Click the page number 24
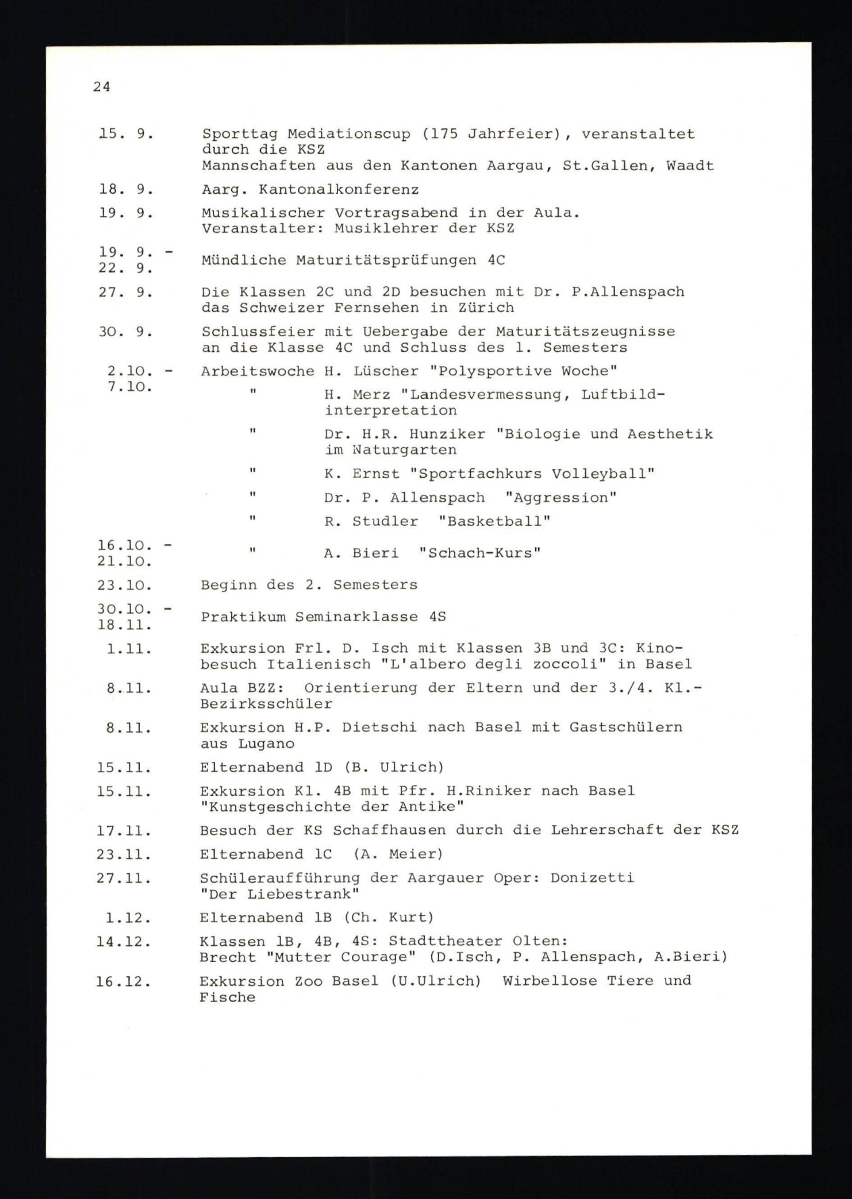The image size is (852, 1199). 101,86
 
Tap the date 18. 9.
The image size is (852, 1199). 126,189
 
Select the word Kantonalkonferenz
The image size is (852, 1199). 338,189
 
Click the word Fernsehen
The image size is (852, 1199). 376,308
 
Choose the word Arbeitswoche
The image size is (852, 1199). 257,372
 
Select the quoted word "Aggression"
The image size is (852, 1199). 560,498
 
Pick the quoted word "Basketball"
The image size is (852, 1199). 494,522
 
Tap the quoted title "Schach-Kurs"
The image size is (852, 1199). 480,553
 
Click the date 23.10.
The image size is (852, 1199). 124,585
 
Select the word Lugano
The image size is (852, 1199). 266,744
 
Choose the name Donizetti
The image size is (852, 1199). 592,878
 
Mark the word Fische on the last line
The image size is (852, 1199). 227,997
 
